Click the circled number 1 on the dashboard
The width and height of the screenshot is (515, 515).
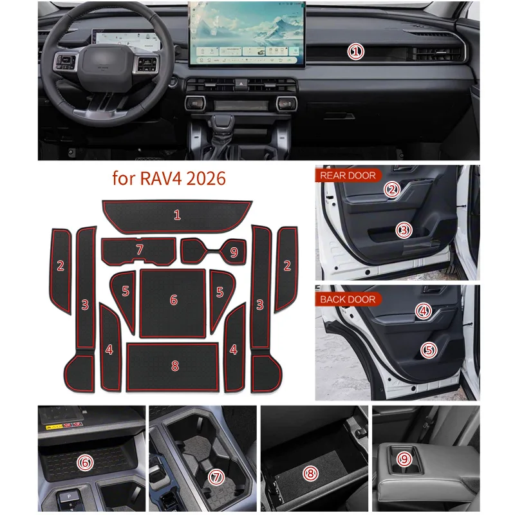[356, 52]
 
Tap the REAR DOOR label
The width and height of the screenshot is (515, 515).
[348, 176]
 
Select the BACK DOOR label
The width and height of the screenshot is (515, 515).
[348, 299]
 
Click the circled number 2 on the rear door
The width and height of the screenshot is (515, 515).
[392, 189]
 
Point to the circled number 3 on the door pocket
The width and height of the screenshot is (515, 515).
[404, 230]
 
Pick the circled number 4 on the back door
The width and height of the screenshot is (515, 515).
[424, 311]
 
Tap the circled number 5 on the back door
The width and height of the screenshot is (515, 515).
[429, 350]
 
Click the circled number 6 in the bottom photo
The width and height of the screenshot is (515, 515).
[85, 463]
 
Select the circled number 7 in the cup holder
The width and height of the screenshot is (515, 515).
[216, 478]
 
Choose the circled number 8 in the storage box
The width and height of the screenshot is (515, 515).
[310, 473]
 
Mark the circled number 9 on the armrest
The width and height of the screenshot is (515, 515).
[404, 459]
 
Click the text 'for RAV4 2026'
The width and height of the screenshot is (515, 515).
[169, 179]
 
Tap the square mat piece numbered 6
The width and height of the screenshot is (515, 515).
[173, 303]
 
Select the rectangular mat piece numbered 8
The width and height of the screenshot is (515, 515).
[173, 367]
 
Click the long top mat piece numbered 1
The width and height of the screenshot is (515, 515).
[177, 216]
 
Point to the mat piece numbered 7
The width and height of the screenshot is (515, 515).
[138, 251]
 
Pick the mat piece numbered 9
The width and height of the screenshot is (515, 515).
[214, 251]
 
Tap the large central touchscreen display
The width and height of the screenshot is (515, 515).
[247, 34]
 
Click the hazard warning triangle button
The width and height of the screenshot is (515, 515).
[241, 84]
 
